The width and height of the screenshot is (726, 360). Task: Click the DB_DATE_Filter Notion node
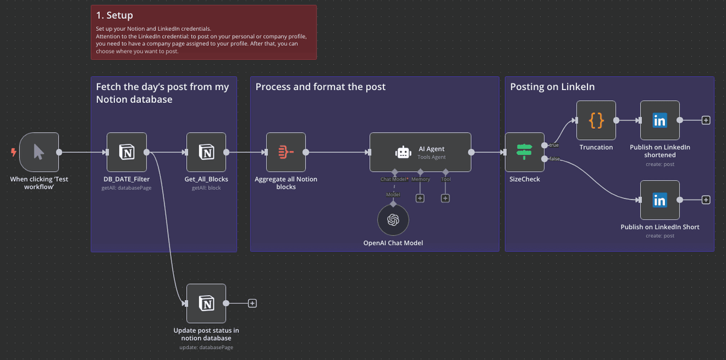[126, 152]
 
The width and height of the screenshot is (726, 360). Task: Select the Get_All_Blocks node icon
[206, 152]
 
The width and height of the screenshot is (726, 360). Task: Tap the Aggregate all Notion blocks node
[286, 152]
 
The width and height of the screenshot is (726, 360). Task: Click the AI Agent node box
[420, 152]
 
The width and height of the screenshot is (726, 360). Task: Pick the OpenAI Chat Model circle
[393, 219]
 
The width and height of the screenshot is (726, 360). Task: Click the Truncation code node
[596, 120]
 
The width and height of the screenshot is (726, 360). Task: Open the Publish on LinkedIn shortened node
[659, 120]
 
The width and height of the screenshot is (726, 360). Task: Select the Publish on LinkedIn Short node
[659, 200]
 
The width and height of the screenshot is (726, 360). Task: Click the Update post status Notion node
[206, 303]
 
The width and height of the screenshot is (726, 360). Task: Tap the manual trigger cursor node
[39, 152]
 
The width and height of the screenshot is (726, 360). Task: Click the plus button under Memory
[420, 198]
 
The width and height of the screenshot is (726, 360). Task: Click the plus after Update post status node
[252, 303]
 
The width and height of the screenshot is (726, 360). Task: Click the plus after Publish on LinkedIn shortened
[705, 120]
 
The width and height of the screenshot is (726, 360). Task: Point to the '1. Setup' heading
[114, 15]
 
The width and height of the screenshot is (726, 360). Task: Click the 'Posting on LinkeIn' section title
[552, 87]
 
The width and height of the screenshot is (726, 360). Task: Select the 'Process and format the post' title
[321, 87]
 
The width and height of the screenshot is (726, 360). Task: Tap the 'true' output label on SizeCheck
[554, 145]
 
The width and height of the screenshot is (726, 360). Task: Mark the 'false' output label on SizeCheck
[554, 159]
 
